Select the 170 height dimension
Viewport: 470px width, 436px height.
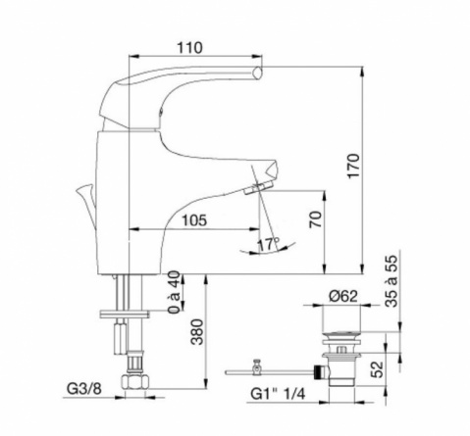point(353,166)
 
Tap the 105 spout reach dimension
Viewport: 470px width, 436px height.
point(194,220)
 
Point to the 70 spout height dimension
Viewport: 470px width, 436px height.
point(316,219)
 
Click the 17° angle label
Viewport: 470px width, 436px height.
point(268,244)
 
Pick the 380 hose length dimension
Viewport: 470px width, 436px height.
point(197,332)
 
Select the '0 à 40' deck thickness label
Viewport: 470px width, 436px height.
point(174,292)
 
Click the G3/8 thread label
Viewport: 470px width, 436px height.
point(84,389)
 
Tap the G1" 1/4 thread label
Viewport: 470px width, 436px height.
point(278,394)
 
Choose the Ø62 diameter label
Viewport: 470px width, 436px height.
point(343,296)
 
